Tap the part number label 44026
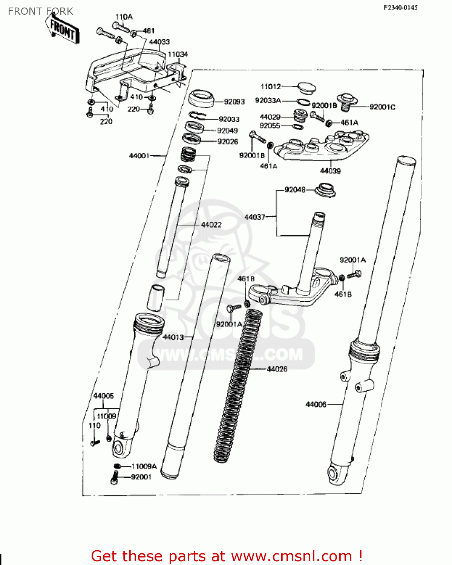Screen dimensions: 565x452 click(277, 369)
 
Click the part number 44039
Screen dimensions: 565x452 click(330, 171)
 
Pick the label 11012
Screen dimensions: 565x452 click(271, 87)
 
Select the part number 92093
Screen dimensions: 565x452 click(234, 102)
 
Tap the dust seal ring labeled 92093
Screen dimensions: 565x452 click(201, 99)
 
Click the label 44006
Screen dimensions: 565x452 click(316, 404)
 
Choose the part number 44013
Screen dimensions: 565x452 click(173, 337)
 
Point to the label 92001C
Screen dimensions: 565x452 click(382, 107)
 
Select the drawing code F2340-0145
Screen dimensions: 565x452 click(400, 8)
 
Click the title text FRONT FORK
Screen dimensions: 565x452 click(40, 11)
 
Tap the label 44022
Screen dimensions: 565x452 click(211, 225)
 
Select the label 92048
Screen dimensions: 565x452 click(295, 190)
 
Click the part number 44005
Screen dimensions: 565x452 click(103, 396)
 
